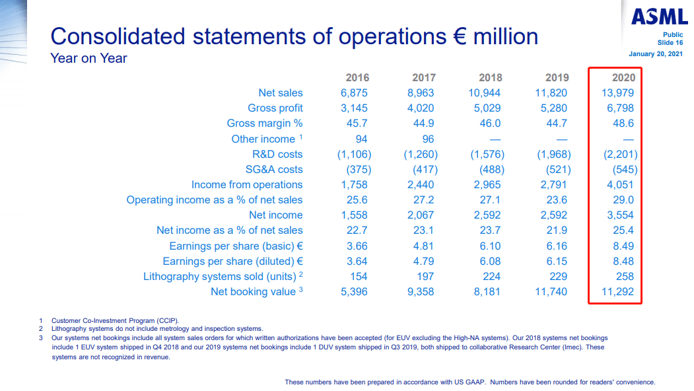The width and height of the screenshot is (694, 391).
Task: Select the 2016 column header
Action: pyautogui.click(x=357, y=77)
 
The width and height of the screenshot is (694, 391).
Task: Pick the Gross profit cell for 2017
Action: pyautogui.click(x=420, y=108)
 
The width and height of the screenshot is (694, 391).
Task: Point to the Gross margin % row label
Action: pyautogui.click(x=264, y=124)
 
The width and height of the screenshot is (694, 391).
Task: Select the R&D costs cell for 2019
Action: pyautogui.click(x=551, y=154)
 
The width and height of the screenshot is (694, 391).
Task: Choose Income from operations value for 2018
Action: pyautogui.click(x=487, y=185)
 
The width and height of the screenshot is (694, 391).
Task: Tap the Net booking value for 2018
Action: pyautogui.click(x=487, y=291)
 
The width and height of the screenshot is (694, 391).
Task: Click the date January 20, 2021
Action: pyautogui.click(x=656, y=53)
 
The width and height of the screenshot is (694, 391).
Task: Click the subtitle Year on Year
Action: pyautogui.click(x=88, y=58)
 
